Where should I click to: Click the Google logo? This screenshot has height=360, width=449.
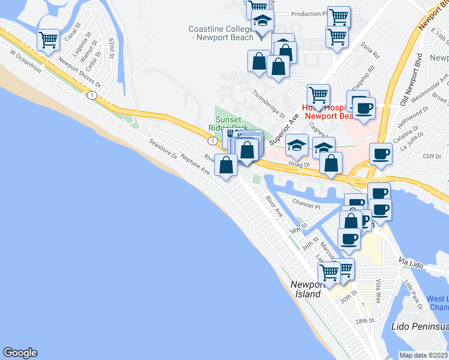pos(20,353)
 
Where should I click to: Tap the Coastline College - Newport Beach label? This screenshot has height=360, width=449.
pos(221,33)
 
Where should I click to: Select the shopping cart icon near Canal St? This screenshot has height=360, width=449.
pos(48,40)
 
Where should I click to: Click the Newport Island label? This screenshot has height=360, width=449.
pos(307,289)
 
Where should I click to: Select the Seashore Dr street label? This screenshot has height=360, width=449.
pos(164,149)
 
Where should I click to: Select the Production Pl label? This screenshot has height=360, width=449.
pos(307,14)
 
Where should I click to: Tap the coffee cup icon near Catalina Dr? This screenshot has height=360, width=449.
pos(381,154)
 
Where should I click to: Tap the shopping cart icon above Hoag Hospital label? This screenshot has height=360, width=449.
pos(318,94)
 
